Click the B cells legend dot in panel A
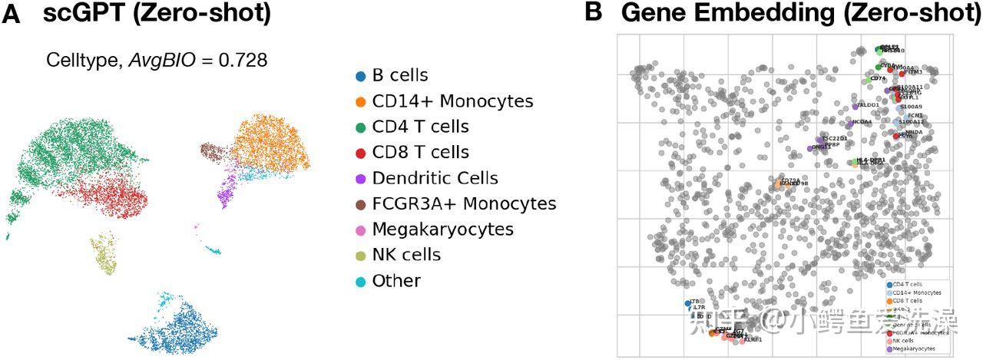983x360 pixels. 360,75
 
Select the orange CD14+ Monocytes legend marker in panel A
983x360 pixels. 360,101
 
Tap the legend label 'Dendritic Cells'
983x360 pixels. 435,178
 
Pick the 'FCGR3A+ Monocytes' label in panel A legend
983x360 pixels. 464,204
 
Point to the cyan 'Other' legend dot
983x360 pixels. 360,281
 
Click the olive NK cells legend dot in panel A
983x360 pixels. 360,256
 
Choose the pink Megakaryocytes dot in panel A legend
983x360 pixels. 360,230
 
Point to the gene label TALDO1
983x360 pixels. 868,105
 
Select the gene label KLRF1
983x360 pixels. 753,339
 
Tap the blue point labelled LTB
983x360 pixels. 689,303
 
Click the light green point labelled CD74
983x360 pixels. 869,79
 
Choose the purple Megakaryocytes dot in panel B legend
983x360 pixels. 889,349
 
